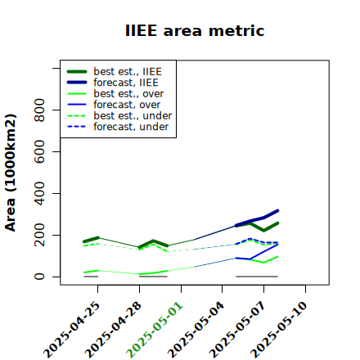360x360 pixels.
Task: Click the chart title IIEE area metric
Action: (195, 30)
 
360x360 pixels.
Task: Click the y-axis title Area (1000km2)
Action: (11, 173)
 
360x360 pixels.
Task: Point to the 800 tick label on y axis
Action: (39, 110)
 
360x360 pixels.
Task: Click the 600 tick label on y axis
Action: (39, 151)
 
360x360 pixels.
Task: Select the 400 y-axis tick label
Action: (39, 193)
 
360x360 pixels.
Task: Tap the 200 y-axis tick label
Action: (39, 235)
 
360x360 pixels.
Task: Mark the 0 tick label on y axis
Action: (39, 277)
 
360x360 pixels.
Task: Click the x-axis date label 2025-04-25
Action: (72, 330)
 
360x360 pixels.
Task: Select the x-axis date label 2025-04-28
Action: (114, 330)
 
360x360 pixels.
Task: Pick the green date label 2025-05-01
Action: (155, 330)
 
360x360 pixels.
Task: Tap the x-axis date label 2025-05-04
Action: (196, 330)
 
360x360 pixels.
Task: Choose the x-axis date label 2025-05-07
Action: (238, 330)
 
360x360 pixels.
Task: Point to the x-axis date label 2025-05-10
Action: (279, 330)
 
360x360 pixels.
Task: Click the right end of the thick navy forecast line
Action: (278, 210)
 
